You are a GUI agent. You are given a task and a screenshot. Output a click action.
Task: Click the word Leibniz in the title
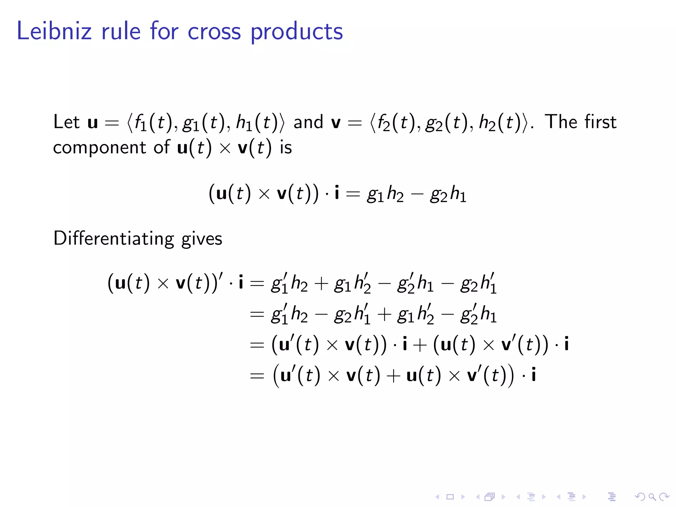54,31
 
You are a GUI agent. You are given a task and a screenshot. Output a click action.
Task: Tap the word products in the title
297,32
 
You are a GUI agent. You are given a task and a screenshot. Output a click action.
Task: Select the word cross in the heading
214,32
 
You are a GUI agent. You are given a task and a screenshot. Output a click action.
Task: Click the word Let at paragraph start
66,122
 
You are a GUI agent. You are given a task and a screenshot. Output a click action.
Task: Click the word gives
202,239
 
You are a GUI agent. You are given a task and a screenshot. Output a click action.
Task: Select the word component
99,148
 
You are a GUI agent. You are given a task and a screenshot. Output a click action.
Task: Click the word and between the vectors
308,122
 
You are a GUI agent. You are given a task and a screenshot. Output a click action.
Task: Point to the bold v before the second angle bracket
336,122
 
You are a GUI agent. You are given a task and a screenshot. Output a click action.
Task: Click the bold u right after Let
93,122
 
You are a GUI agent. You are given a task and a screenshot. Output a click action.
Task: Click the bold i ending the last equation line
533,375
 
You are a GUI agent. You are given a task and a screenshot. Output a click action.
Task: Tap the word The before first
561,122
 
